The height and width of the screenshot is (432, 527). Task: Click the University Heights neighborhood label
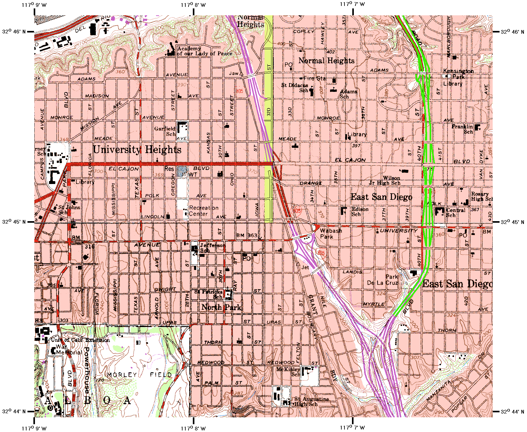(x=137, y=150)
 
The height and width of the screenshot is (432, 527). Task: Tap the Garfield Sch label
(x=165, y=131)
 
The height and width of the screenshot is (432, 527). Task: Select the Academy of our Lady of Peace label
(x=204, y=51)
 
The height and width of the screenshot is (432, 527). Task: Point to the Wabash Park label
(x=331, y=234)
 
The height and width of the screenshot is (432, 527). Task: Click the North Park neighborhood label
(x=221, y=307)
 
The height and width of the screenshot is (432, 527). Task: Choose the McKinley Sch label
(x=288, y=372)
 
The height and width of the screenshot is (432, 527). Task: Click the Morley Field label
(x=139, y=375)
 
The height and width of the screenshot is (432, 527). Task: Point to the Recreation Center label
(x=203, y=211)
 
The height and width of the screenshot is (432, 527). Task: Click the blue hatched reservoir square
(x=182, y=171)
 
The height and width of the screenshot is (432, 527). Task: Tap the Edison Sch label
(x=360, y=212)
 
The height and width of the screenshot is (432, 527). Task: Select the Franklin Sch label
(x=463, y=129)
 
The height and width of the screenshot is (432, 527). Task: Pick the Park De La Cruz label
(x=383, y=280)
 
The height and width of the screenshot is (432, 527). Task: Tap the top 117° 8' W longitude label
(x=193, y=5)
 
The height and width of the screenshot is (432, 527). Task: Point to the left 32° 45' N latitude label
(x=14, y=222)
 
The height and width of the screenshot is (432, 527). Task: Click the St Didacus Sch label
(x=295, y=87)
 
